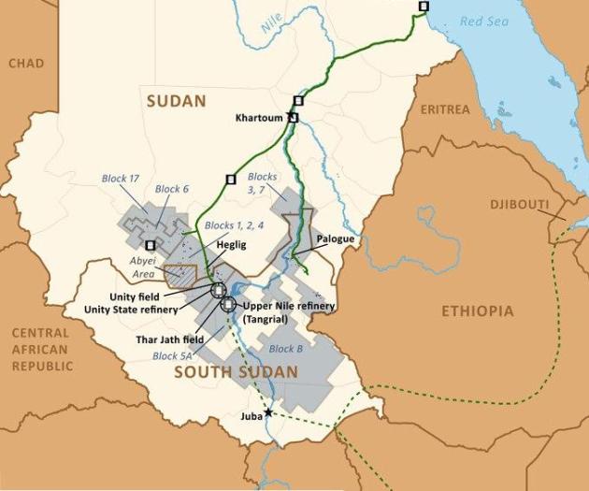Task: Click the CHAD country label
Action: click(25, 63)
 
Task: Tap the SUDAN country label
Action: click(174, 100)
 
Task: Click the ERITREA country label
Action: click(445, 109)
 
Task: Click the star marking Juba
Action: click(268, 412)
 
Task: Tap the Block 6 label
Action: click(171, 189)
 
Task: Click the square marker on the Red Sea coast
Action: click(424, 6)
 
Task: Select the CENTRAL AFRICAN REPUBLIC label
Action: click(42, 349)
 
